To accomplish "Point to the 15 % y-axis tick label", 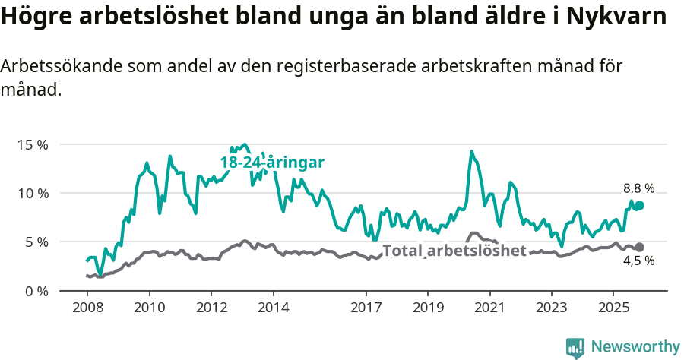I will pyautogui.click(x=31, y=144).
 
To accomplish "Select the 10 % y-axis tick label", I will pyautogui.click(x=31, y=193).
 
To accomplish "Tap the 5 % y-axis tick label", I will pyautogui.click(x=35, y=242).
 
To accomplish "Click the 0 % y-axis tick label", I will pyautogui.click(x=35, y=291).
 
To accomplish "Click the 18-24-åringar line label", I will pyautogui.click(x=272, y=163).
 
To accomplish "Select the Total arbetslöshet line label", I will pyautogui.click(x=454, y=251).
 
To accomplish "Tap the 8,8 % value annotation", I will pyautogui.click(x=638, y=188).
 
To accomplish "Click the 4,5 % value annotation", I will pyautogui.click(x=638, y=261).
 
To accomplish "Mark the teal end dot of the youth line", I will pyautogui.click(x=639, y=206).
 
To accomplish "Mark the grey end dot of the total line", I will pyautogui.click(x=639, y=247).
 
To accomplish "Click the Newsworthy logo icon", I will pyautogui.click(x=575, y=348).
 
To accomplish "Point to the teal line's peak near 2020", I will pyautogui.click(x=471, y=151).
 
